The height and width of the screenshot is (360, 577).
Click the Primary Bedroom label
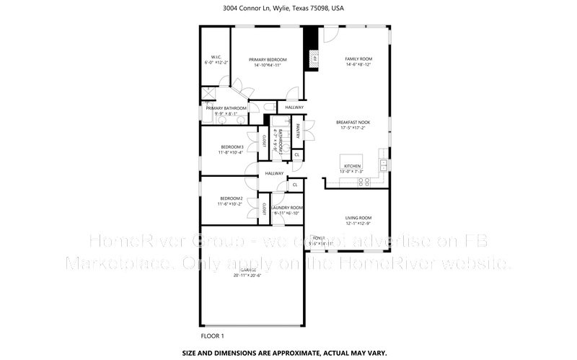268,60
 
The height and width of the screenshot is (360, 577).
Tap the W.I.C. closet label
216,57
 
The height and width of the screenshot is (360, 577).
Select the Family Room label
358,58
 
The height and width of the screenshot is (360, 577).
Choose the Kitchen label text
351,166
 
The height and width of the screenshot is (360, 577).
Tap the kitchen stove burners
365,181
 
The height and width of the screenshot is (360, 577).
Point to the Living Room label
358,218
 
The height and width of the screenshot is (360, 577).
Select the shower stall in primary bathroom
208,93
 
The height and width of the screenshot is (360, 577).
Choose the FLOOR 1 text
212,335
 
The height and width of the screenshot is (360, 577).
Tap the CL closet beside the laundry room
294,185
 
